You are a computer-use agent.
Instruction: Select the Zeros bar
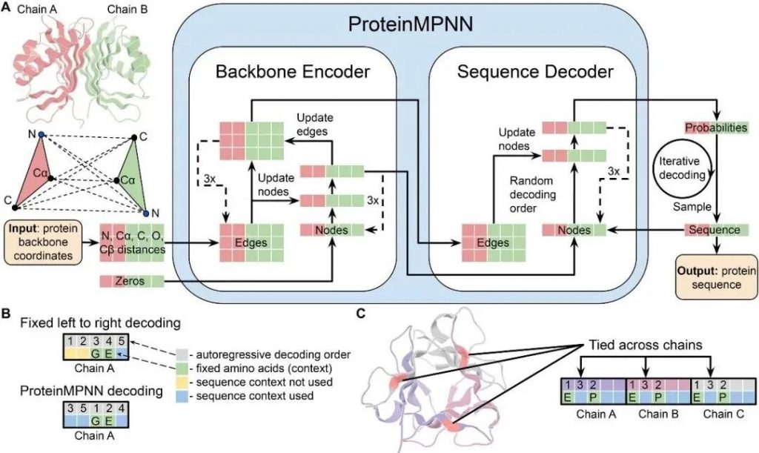pyautogui.click(x=131, y=281)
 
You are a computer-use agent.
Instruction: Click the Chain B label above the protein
pyautogui.click(x=128, y=11)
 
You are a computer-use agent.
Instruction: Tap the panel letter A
pyautogui.click(x=7, y=9)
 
